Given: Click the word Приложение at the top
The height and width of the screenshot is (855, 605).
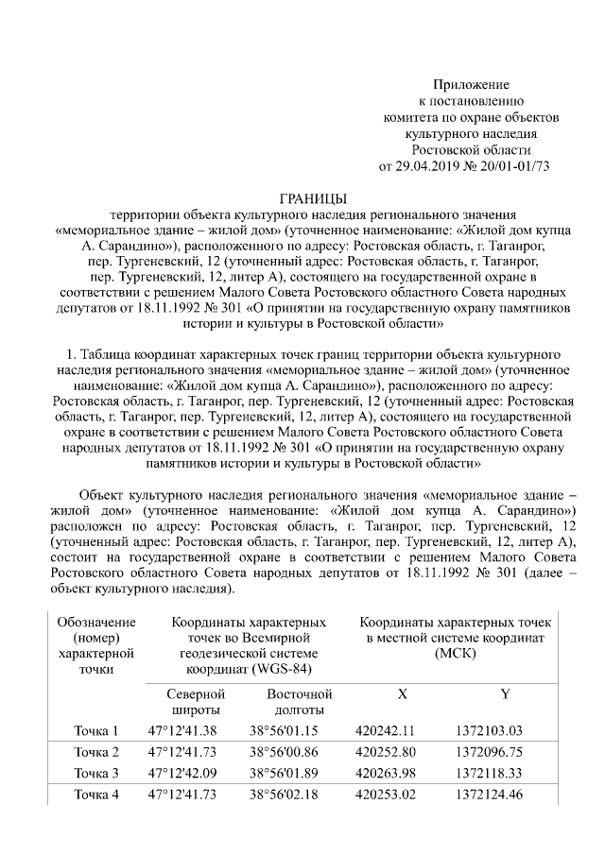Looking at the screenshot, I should coord(471,85).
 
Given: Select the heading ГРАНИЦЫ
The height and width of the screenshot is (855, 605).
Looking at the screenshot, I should coord(302,198).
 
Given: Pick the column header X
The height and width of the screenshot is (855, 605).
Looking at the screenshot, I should coord(402,693).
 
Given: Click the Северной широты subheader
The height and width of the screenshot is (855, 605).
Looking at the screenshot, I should coord(196,702).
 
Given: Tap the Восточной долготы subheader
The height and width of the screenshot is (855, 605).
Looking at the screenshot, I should coord(287,702).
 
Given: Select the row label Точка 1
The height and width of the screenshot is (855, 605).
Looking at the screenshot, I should coord(96,730).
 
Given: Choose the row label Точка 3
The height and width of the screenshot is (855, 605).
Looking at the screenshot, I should coord(96,773).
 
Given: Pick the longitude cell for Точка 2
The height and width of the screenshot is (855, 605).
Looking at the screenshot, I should coord(284,752).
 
